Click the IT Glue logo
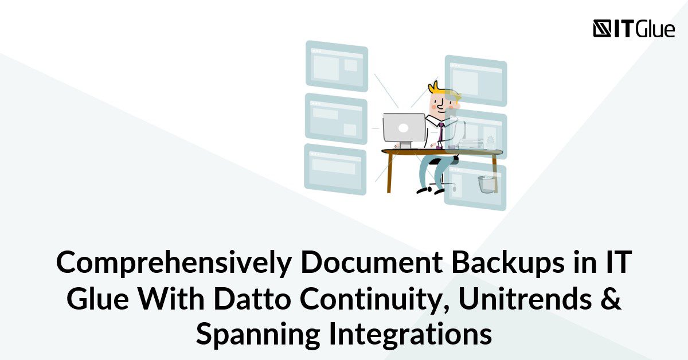pyautogui.click(x=634, y=29)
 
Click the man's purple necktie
pyautogui.click(x=441, y=132)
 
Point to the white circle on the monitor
pyautogui.click(x=404, y=127)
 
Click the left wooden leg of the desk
pyautogui.click(x=390, y=172)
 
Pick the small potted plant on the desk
pyautogui.click(x=490, y=142)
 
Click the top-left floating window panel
pyautogui.click(x=337, y=66)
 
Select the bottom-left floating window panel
pyautogui.click(x=335, y=169)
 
